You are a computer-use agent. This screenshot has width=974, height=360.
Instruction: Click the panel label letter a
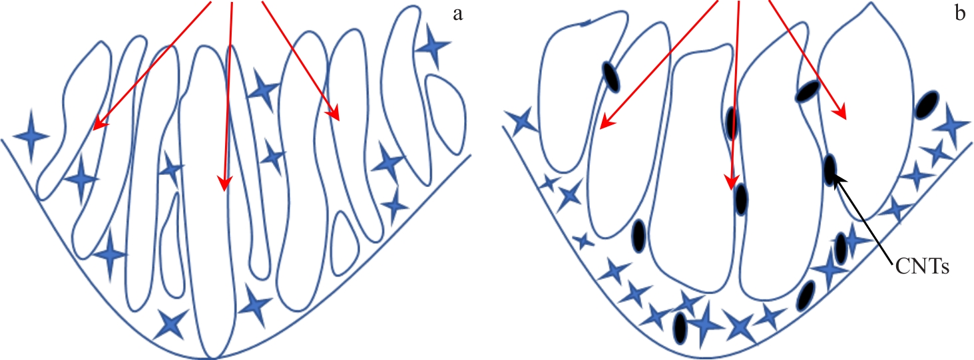457,14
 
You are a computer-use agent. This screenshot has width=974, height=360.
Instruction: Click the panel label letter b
960,14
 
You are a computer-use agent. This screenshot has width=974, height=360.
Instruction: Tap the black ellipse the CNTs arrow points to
830,169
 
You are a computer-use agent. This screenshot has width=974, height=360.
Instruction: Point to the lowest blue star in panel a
172,324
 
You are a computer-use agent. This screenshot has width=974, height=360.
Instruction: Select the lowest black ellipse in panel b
680,327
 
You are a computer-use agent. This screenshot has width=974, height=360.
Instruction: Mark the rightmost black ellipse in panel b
926,105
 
